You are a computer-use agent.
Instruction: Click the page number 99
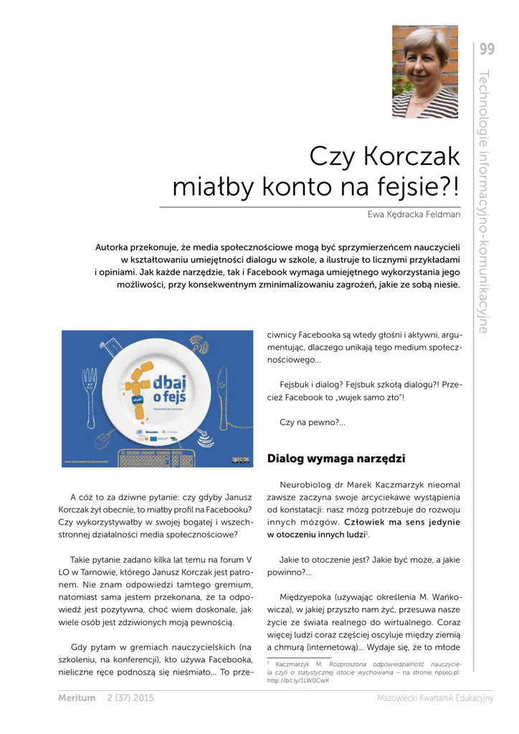point(487,49)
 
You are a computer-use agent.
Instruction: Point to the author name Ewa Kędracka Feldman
point(414,214)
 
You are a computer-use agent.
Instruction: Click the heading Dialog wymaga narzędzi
point(335,458)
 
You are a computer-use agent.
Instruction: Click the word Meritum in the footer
point(76,698)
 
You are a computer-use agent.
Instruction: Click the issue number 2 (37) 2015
point(130,698)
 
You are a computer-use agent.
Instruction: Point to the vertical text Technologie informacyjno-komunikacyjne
point(483,201)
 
